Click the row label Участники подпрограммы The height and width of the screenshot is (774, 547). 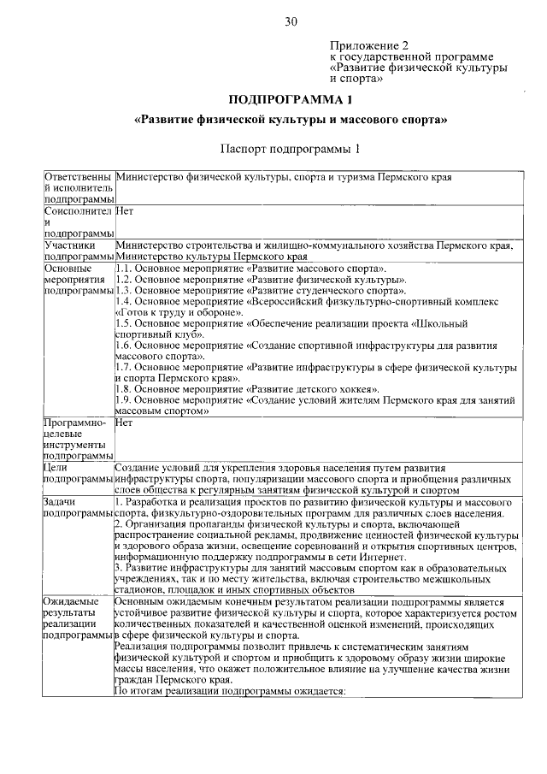click(x=78, y=250)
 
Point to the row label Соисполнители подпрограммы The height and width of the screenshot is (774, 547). click(x=78, y=220)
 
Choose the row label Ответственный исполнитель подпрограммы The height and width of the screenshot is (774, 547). click(x=78, y=187)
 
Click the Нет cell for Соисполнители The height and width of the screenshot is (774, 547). click(x=124, y=209)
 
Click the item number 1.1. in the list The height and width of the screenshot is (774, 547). click(x=124, y=269)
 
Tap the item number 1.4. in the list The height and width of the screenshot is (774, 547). click(x=124, y=302)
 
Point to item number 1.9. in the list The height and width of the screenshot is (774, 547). click(x=124, y=399)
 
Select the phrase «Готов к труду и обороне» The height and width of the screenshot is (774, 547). click(x=171, y=313)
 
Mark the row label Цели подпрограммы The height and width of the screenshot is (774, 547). click(x=78, y=474)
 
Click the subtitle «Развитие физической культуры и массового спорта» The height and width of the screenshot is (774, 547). click(x=291, y=121)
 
